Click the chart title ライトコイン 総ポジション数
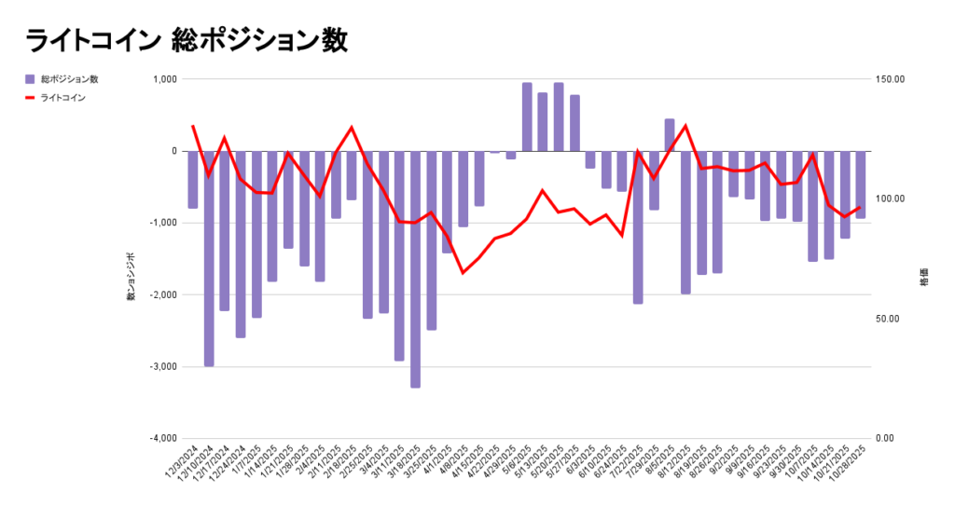[187, 40]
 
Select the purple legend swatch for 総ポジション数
[30, 79]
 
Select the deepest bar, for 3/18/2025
[415, 270]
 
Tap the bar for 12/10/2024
[209, 258]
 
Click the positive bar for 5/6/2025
[527, 116]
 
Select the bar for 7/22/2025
[638, 227]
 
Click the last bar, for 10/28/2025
[860, 185]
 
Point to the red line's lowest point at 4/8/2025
[463, 272]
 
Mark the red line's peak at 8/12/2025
[685, 125]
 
